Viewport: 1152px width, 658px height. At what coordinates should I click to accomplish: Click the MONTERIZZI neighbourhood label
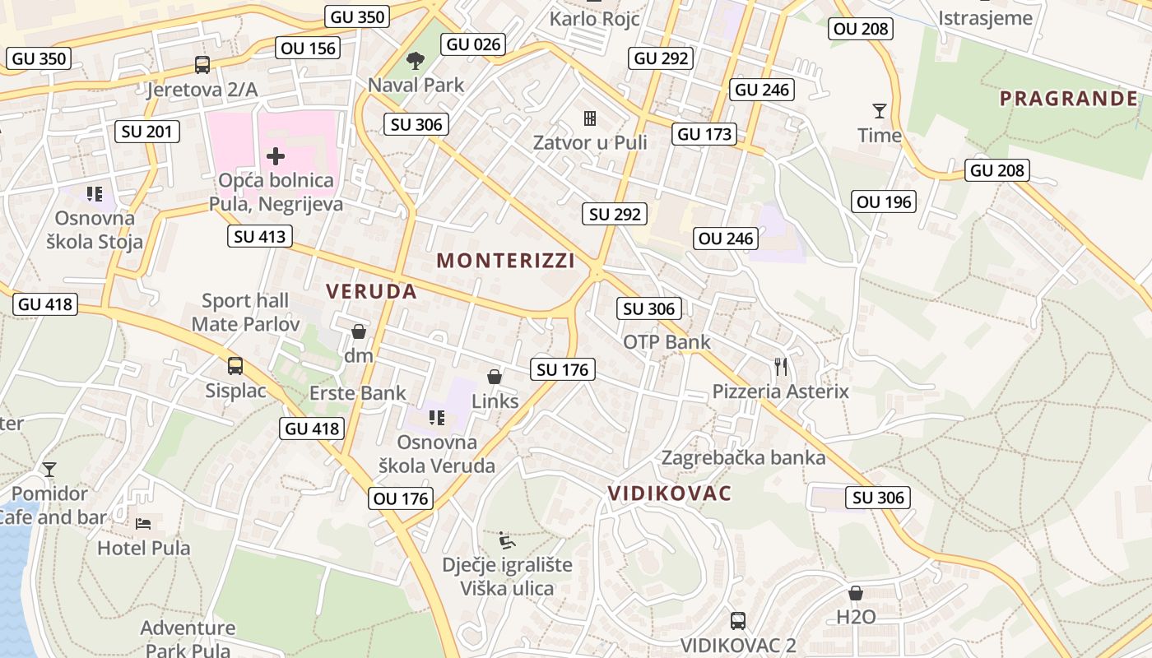coord(505,261)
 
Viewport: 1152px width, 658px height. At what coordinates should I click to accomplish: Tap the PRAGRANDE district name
coord(1069,99)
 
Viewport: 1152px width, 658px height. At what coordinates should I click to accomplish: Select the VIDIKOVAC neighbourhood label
coord(669,493)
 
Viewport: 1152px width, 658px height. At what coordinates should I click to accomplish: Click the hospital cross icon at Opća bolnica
coord(276,155)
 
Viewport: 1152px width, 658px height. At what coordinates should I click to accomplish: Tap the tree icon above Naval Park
coord(416,60)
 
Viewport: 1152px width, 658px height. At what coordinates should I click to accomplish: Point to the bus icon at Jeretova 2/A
coord(202,64)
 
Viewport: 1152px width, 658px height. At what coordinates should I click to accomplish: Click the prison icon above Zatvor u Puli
coord(590,118)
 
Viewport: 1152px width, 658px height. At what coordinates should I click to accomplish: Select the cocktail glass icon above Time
coord(880,110)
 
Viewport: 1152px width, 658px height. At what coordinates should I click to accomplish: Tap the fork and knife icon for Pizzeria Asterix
coord(781,367)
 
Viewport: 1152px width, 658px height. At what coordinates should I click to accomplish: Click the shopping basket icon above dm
coord(359,331)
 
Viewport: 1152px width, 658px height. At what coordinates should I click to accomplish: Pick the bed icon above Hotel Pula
coord(143,523)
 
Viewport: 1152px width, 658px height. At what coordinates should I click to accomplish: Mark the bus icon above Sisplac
coord(235,366)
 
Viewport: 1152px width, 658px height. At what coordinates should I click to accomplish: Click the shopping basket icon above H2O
coord(856,593)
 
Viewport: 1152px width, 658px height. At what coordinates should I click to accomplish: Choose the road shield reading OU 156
coord(309,48)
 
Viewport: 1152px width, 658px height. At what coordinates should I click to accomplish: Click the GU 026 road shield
coord(473,44)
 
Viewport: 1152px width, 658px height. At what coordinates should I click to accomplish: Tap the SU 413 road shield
coord(259,237)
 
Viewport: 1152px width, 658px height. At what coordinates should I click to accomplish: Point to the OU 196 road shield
coord(885,202)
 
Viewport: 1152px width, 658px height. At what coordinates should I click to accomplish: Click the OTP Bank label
coord(667,341)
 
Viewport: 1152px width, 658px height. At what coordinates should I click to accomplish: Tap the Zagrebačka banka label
coord(743,457)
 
